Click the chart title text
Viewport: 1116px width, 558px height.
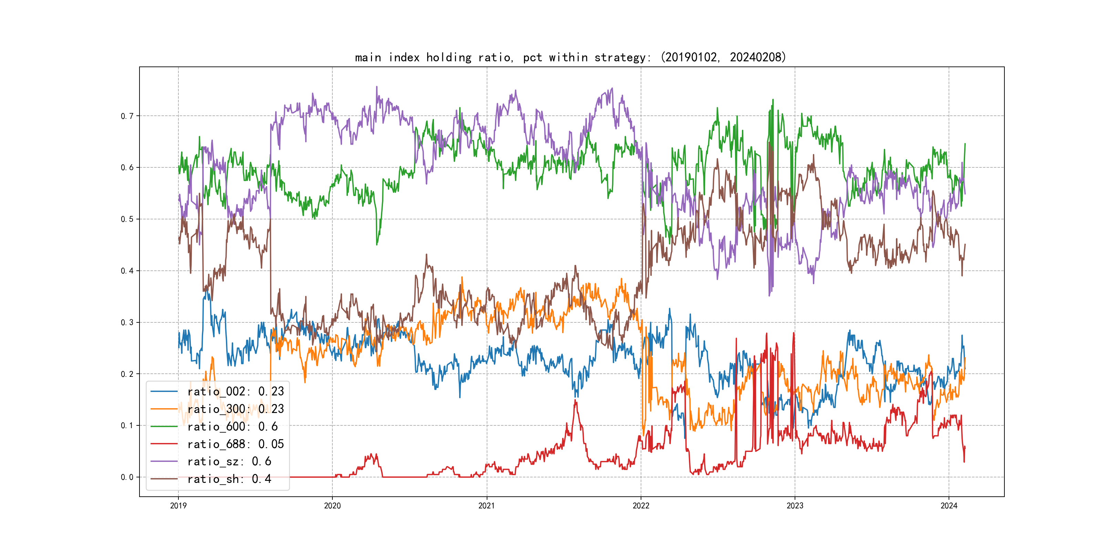(x=570, y=57)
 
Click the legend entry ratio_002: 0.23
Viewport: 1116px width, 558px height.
(x=235, y=391)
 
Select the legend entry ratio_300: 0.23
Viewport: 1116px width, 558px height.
(x=235, y=409)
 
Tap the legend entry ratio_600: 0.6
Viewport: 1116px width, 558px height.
(x=232, y=427)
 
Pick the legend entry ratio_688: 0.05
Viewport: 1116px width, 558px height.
(x=235, y=444)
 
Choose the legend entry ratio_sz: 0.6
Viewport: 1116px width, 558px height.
(x=229, y=462)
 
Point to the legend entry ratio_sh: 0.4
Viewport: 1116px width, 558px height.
(x=229, y=479)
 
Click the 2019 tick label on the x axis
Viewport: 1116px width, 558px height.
(x=178, y=506)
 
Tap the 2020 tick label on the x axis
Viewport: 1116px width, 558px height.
(x=332, y=506)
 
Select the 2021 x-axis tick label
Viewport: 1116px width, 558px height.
(x=486, y=506)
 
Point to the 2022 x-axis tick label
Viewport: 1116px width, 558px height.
(x=641, y=506)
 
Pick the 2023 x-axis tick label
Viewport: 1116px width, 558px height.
(x=795, y=506)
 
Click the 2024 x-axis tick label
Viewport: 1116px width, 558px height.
(x=949, y=506)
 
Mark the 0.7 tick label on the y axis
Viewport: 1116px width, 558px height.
(x=127, y=116)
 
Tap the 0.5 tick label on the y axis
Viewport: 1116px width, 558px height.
(x=127, y=219)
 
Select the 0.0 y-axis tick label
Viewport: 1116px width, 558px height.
(x=127, y=477)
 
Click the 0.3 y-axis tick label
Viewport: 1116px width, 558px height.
(x=127, y=322)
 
